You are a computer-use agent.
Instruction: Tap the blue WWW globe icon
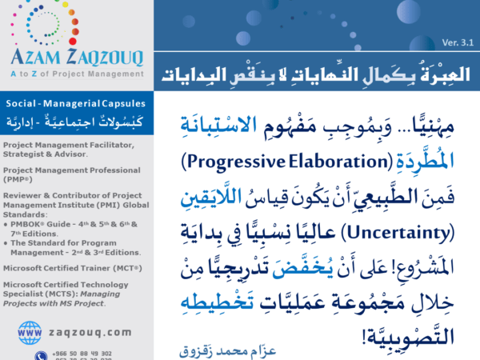pyautogui.click(x=30, y=330)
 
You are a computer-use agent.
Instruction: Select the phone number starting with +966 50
pyautogui.click(x=84, y=353)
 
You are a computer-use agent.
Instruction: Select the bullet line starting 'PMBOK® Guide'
pyautogui.click(x=68, y=212)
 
